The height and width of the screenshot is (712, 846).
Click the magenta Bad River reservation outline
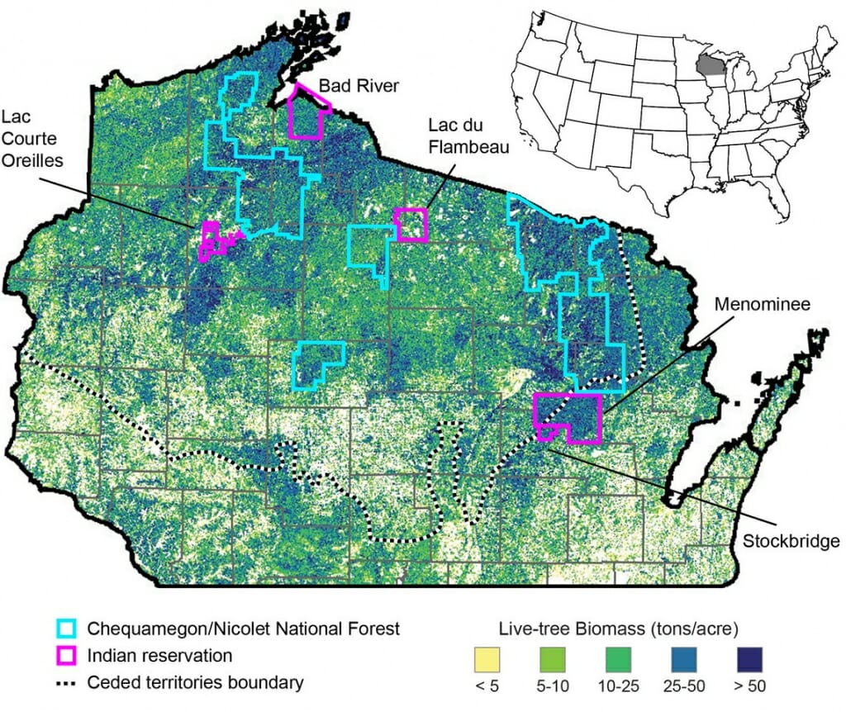(307, 116)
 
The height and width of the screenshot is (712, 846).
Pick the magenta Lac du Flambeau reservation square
(411, 225)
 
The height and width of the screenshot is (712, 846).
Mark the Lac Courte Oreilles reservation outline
(210, 240)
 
